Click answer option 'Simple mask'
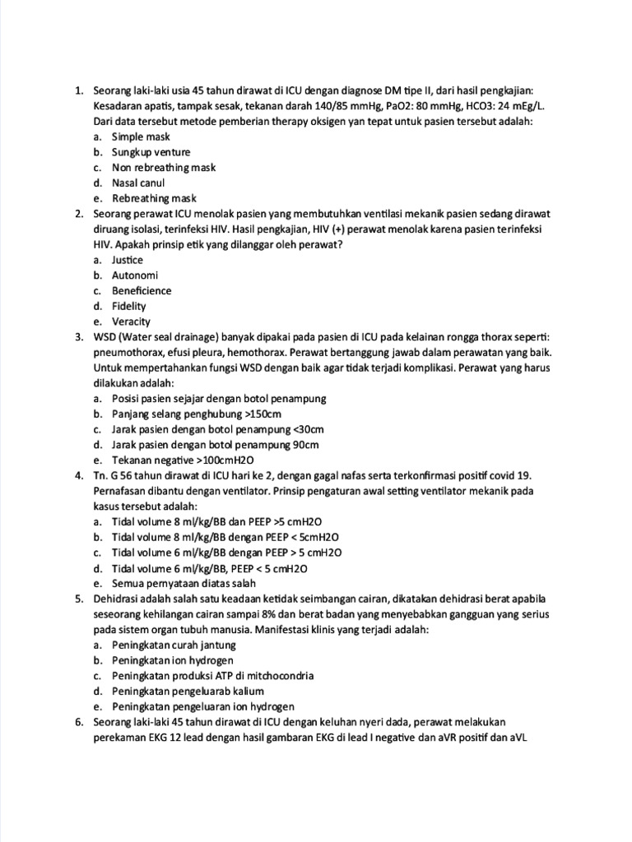141,136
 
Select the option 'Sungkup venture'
151,152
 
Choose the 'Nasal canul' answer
138,183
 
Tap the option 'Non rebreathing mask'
164,167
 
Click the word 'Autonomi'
135,275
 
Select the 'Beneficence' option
142,290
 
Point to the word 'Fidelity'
129,306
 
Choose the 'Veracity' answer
132,322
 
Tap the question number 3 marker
78,337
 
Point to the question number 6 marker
78,722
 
